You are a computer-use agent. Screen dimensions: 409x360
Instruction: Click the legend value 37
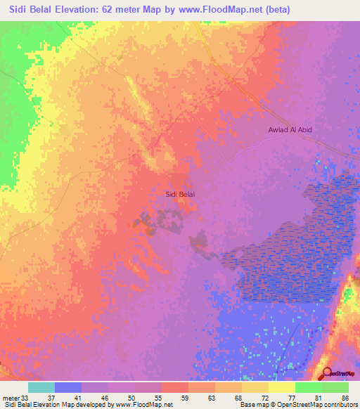point(56,397)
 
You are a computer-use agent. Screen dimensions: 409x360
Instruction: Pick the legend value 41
point(82,397)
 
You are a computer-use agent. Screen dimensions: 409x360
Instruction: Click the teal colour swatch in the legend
point(41,387)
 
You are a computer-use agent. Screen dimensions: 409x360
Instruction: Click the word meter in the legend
point(10,397)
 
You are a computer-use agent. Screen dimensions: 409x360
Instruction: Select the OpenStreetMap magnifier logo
point(326,375)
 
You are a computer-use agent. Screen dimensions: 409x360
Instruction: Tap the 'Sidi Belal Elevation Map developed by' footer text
point(57,405)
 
